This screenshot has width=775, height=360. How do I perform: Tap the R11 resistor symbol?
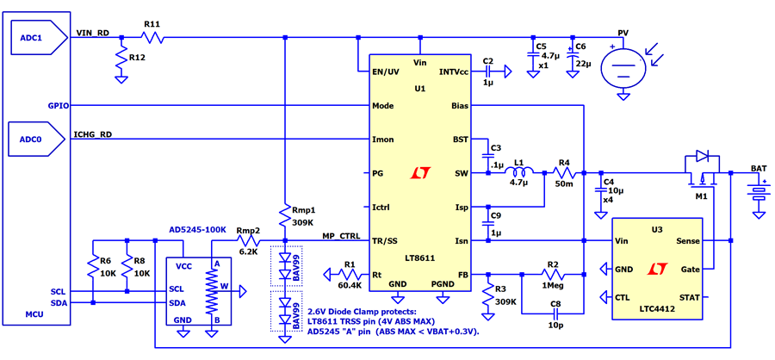152,36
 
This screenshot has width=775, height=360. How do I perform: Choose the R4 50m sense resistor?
564,173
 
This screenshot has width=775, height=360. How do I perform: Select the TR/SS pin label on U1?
385,241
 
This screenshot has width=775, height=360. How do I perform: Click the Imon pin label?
383,140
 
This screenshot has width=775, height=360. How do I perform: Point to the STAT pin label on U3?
690,297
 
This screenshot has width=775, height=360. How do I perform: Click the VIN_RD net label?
92,32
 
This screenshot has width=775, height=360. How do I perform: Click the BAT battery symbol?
757,192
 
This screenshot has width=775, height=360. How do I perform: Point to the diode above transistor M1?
702,157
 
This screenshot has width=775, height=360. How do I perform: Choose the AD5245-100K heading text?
197,230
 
